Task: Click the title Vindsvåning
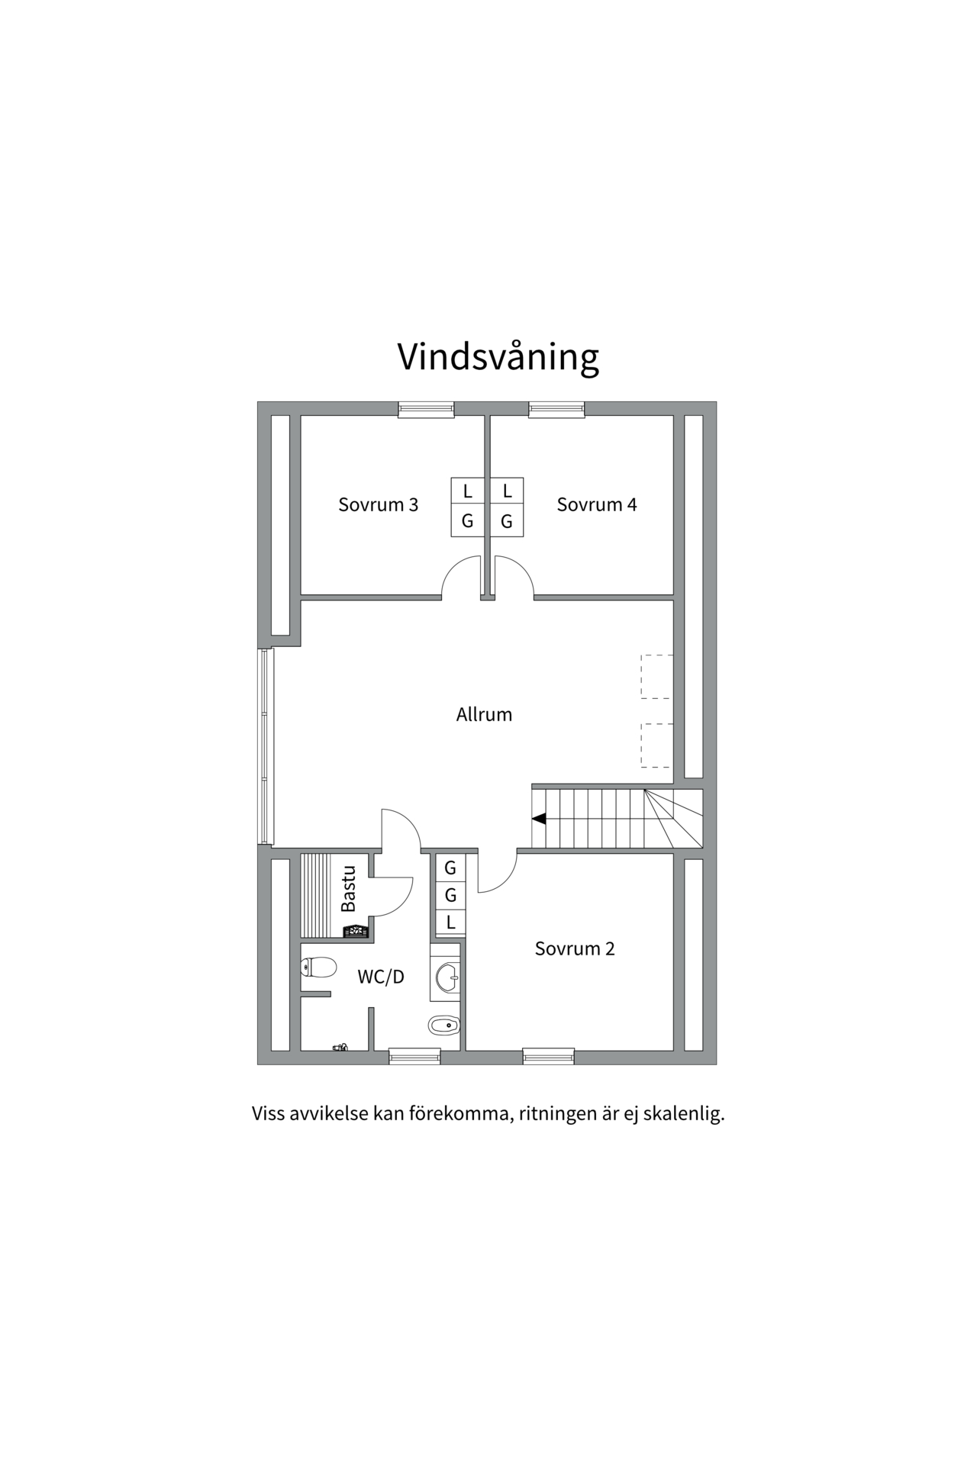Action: coord(498,357)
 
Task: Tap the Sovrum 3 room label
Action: coord(378,504)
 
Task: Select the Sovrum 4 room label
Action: coord(596,504)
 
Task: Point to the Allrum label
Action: coord(484,715)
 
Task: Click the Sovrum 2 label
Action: coord(574,948)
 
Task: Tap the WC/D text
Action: coord(381,977)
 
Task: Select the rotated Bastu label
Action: coord(349,888)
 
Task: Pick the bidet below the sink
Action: coord(443,1025)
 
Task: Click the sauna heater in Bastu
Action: coord(356,930)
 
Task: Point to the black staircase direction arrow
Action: coord(539,819)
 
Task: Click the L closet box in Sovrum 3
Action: coord(468,491)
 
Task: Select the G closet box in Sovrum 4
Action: coord(506,522)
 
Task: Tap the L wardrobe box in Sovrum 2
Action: coord(450,922)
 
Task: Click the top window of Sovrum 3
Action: coord(426,410)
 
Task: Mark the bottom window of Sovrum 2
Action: coord(548,1057)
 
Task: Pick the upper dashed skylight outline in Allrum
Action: coord(656,677)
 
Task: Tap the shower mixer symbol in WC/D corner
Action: coord(340,1048)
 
